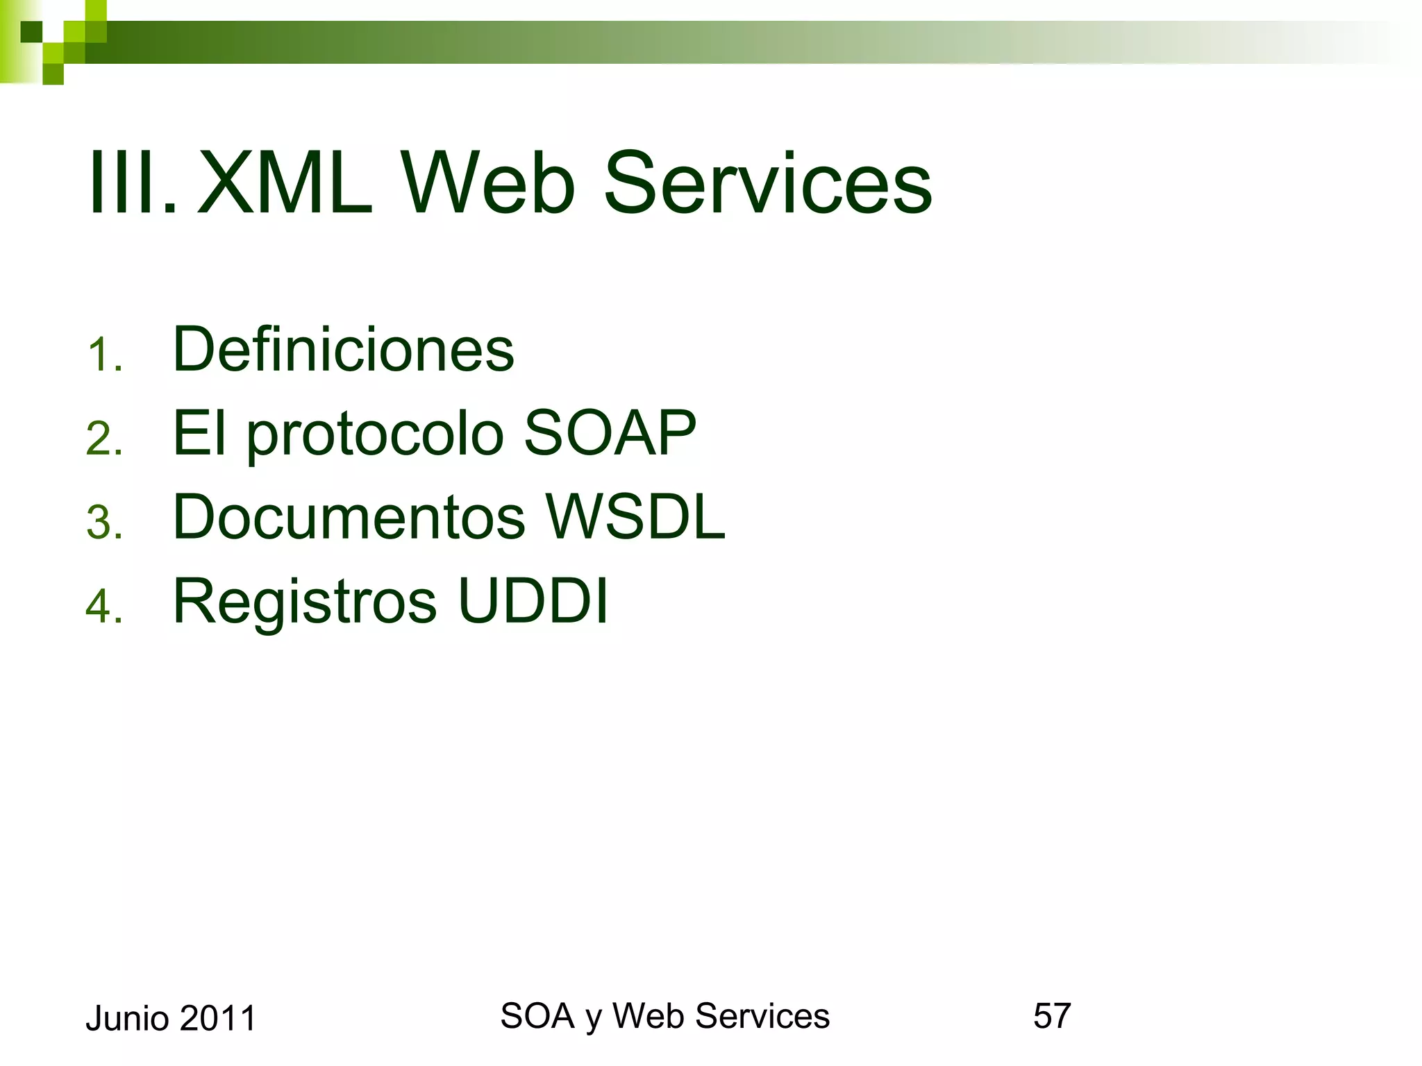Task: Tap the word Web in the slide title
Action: (x=489, y=185)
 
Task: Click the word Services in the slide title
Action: (x=768, y=185)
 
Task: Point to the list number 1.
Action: (x=104, y=355)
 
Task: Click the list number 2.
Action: (x=104, y=439)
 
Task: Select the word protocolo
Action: (x=375, y=436)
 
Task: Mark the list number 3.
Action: (x=104, y=523)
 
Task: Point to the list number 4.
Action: (x=104, y=606)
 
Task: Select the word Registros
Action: (x=305, y=602)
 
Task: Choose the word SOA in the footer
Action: (x=537, y=1016)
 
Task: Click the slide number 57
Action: (x=1052, y=1016)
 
